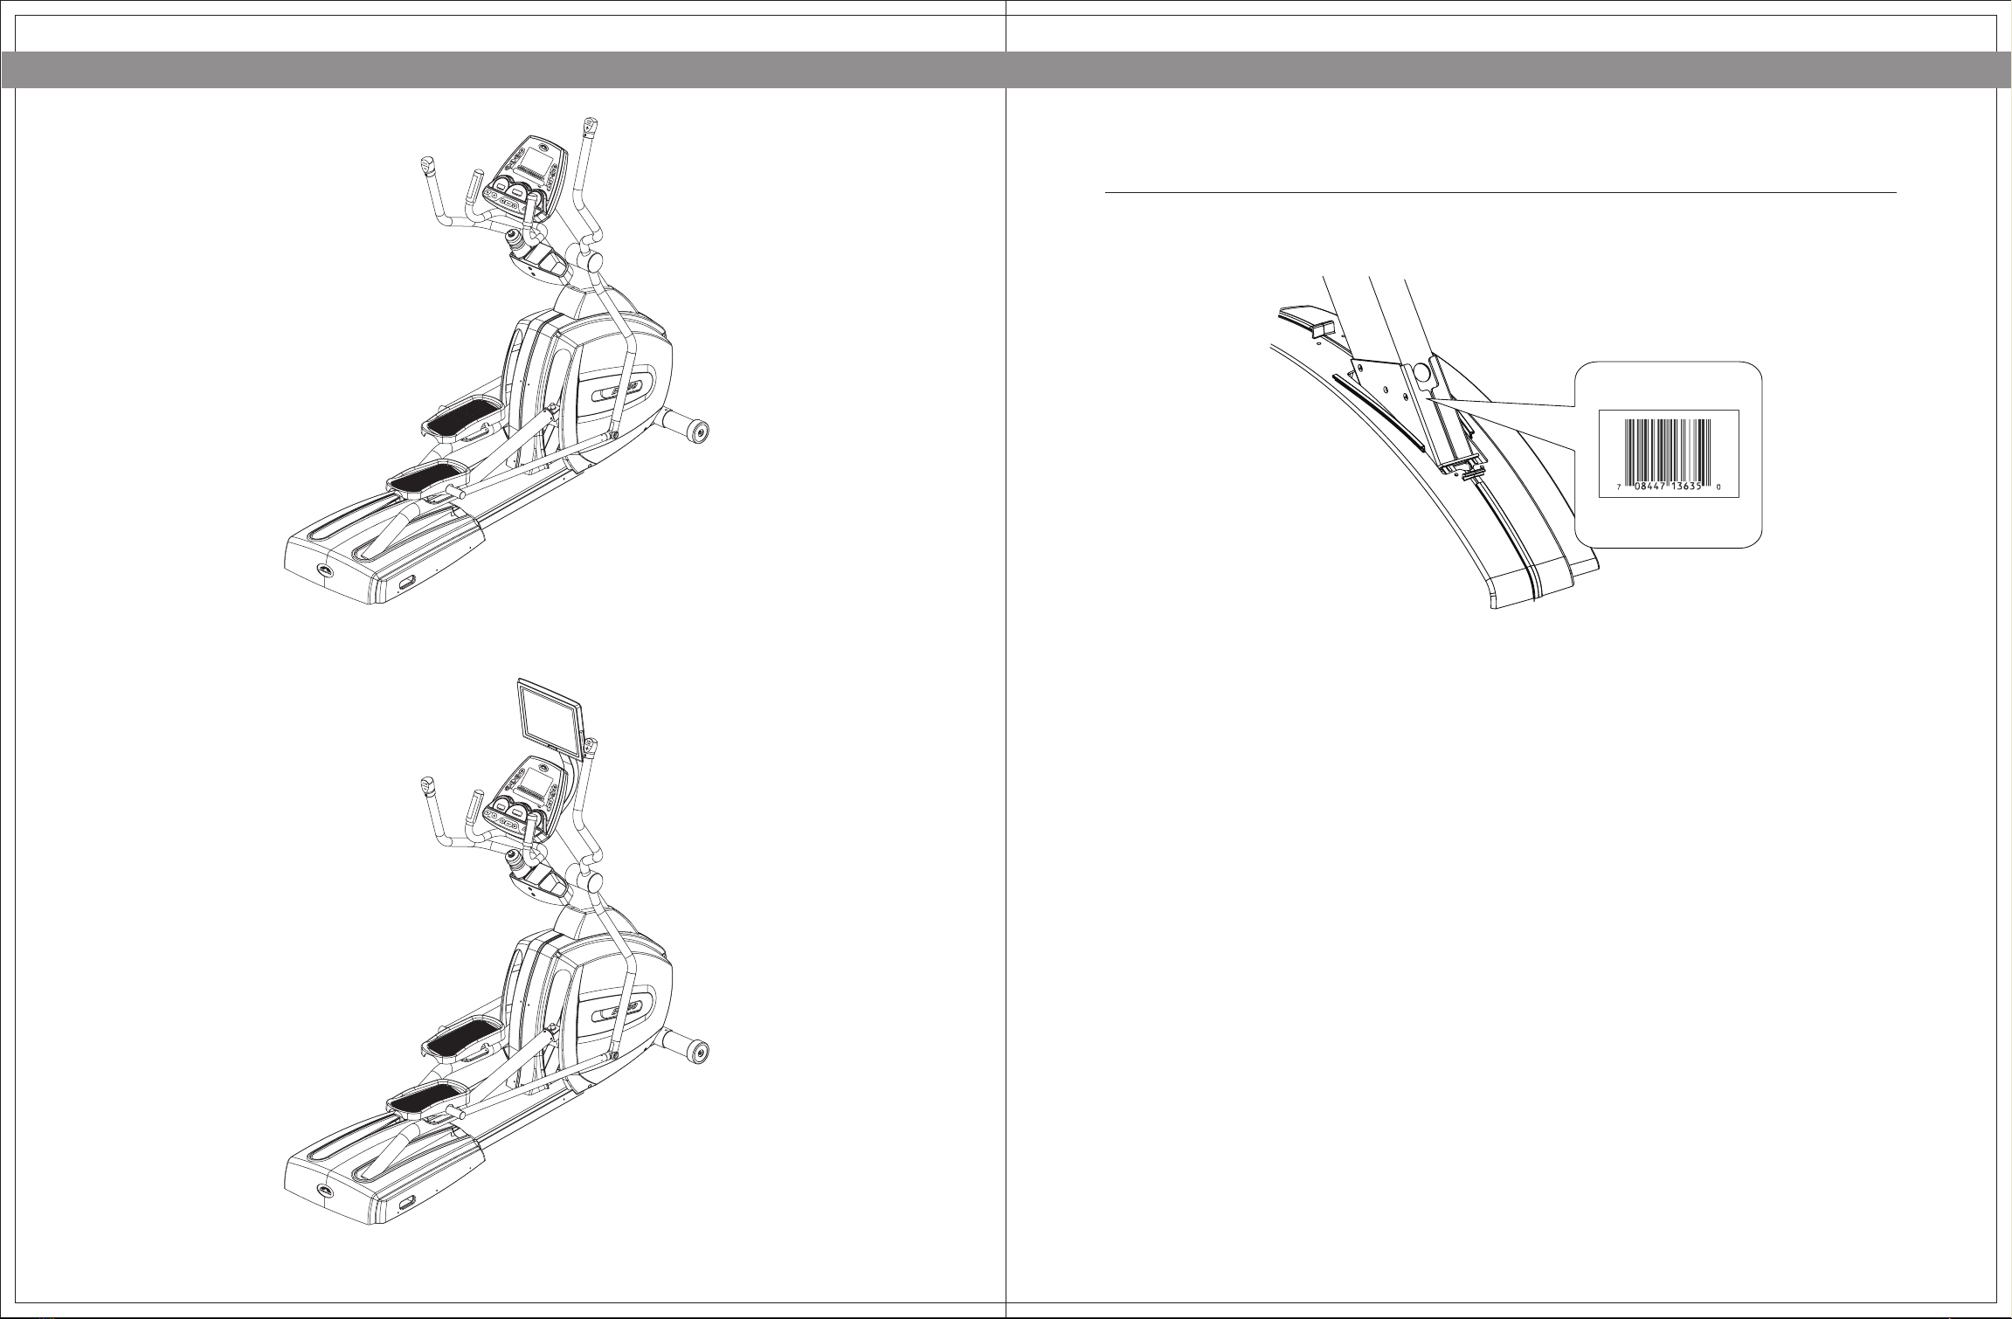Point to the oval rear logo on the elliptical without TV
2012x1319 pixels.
tap(324, 570)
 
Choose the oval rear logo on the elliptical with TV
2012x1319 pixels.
tap(324, 1194)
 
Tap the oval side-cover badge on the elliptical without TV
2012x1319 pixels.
tap(623, 392)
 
